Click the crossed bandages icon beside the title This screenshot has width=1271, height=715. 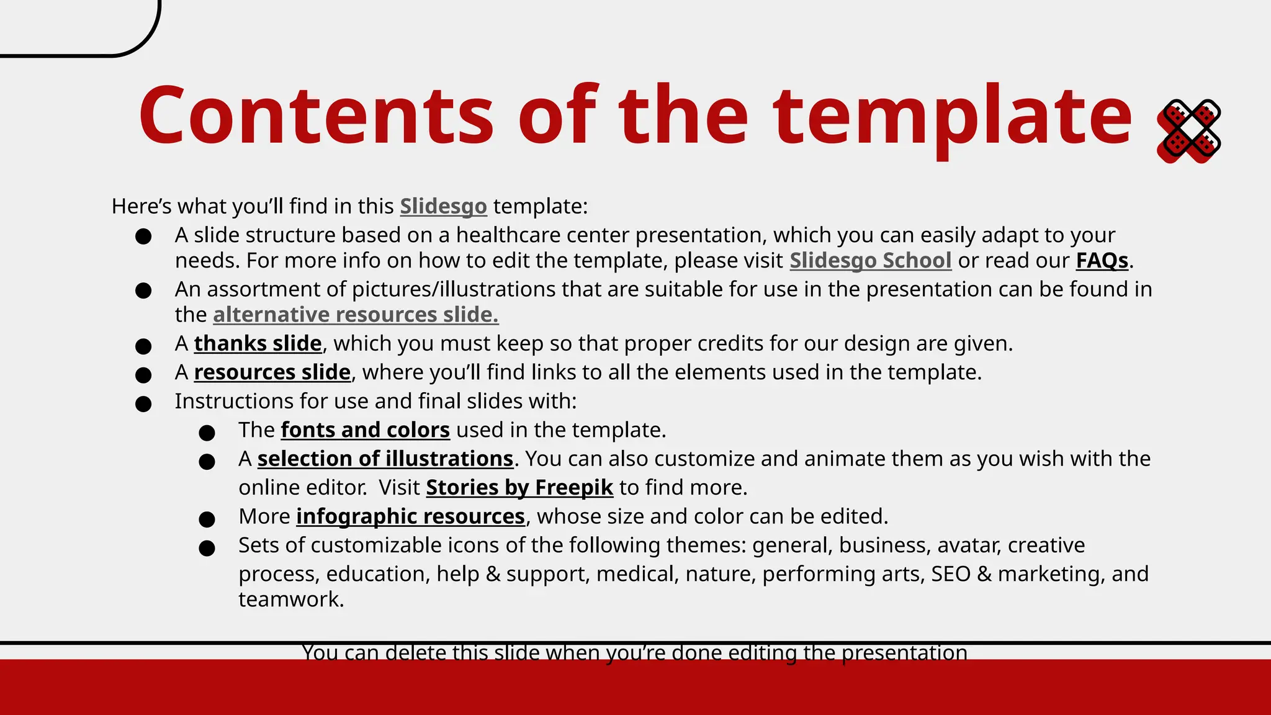[1188, 131]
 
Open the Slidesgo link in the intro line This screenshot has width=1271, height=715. [443, 206]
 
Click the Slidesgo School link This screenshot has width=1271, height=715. [870, 261]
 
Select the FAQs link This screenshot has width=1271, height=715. [1102, 261]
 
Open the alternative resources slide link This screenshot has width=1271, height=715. [356, 315]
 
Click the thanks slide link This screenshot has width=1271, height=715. [258, 343]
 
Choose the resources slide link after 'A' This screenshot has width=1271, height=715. [272, 372]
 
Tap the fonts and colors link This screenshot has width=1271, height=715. [365, 430]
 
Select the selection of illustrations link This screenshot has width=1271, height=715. [385, 459]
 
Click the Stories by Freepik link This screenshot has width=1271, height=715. [519, 488]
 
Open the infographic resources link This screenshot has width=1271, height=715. [410, 516]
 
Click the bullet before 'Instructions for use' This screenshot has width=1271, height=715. [143, 404]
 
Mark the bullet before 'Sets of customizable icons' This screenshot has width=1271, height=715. [207, 548]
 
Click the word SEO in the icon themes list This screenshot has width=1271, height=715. [950, 574]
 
